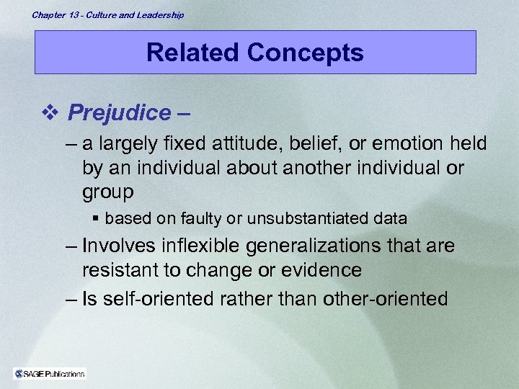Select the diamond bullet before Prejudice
click(50, 112)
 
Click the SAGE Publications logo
click(50, 373)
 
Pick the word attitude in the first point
click(235, 144)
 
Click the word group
click(107, 192)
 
